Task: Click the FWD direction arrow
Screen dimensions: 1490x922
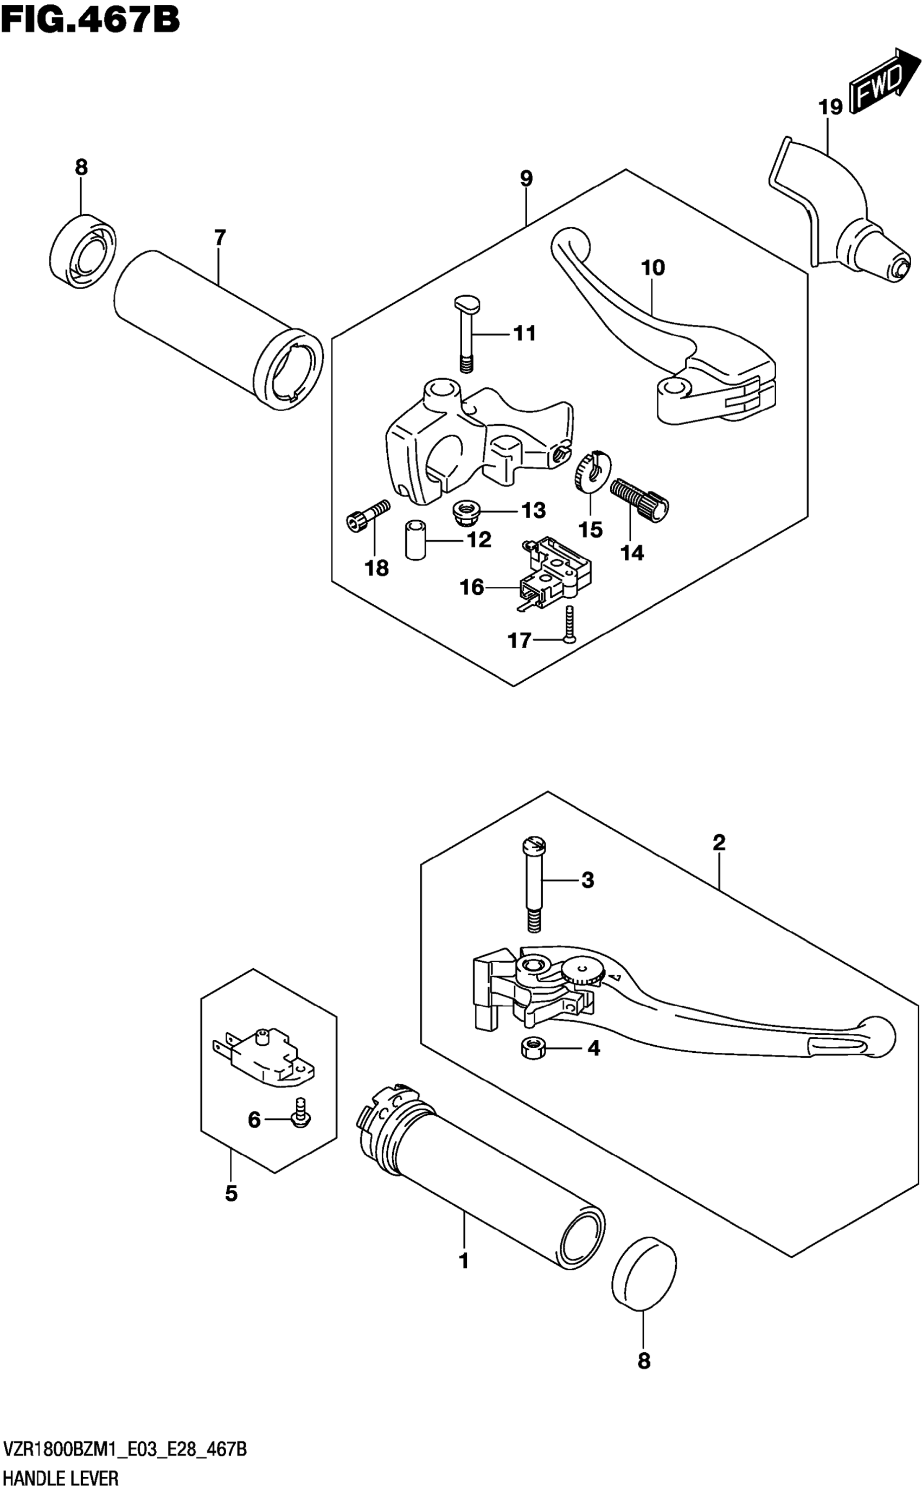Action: coord(884,79)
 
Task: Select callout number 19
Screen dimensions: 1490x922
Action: coord(830,107)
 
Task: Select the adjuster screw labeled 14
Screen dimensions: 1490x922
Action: coord(639,498)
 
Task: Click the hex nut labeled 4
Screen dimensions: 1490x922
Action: coord(533,1048)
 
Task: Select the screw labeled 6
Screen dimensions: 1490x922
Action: coord(301,1112)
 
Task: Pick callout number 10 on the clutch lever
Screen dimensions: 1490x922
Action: coord(653,267)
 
